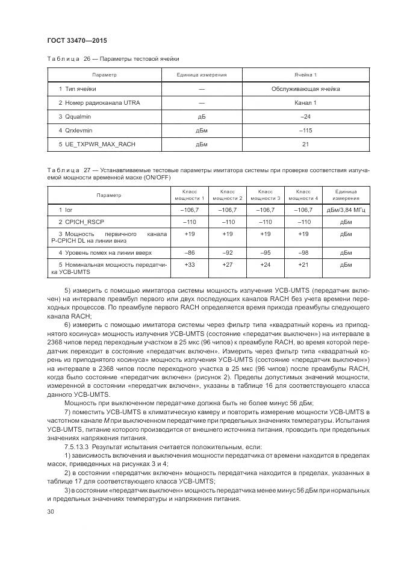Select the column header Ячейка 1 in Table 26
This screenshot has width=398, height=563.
(305, 75)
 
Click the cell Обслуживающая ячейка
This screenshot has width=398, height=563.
(305, 89)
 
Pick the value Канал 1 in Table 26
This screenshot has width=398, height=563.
(305, 103)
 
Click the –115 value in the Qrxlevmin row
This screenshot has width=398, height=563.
(305, 130)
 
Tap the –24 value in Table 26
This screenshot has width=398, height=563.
(305, 116)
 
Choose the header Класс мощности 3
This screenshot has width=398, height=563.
(266, 195)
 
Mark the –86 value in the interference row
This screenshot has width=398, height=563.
(190, 252)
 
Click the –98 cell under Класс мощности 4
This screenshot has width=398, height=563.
(303, 252)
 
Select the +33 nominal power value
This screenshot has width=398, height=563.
(190, 264)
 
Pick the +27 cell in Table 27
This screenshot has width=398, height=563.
(228, 264)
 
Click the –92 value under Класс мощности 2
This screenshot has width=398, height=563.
(228, 252)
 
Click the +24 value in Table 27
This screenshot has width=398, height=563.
(266, 264)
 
